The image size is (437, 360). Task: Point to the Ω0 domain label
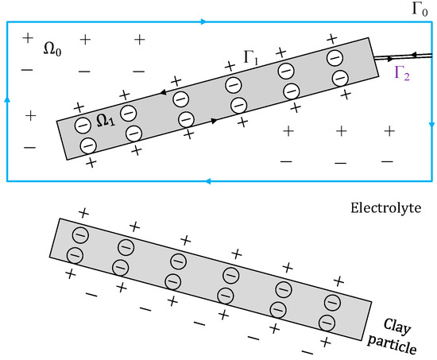[x=52, y=48]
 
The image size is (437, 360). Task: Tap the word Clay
[x=397, y=325]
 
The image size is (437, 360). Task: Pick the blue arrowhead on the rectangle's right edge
[x=430, y=125]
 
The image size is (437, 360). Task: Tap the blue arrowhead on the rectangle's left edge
[x=7, y=99]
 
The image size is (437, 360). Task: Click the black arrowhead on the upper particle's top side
[x=163, y=93]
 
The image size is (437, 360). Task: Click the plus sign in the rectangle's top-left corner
[x=29, y=38]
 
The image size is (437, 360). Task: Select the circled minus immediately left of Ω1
[x=83, y=126]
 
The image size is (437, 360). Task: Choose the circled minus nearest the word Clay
[x=326, y=322]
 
